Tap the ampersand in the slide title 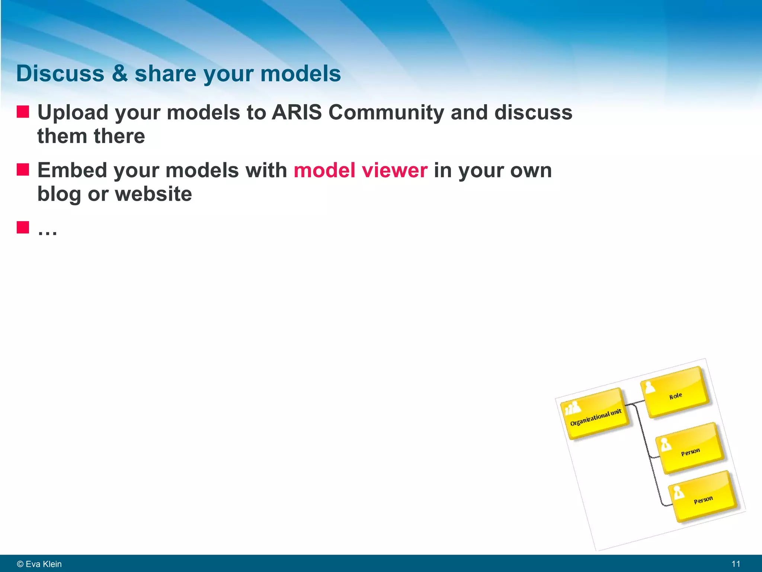point(119,73)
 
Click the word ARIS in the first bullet point(297,112)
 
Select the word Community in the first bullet point(386,113)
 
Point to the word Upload point(73,113)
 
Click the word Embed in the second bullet point(72,170)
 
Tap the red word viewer point(394,170)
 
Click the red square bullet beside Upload point(23,111)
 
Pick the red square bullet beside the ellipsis point(23,227)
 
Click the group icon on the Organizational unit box point(572,408)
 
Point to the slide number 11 point(736,564)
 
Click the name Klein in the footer point(52,564)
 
